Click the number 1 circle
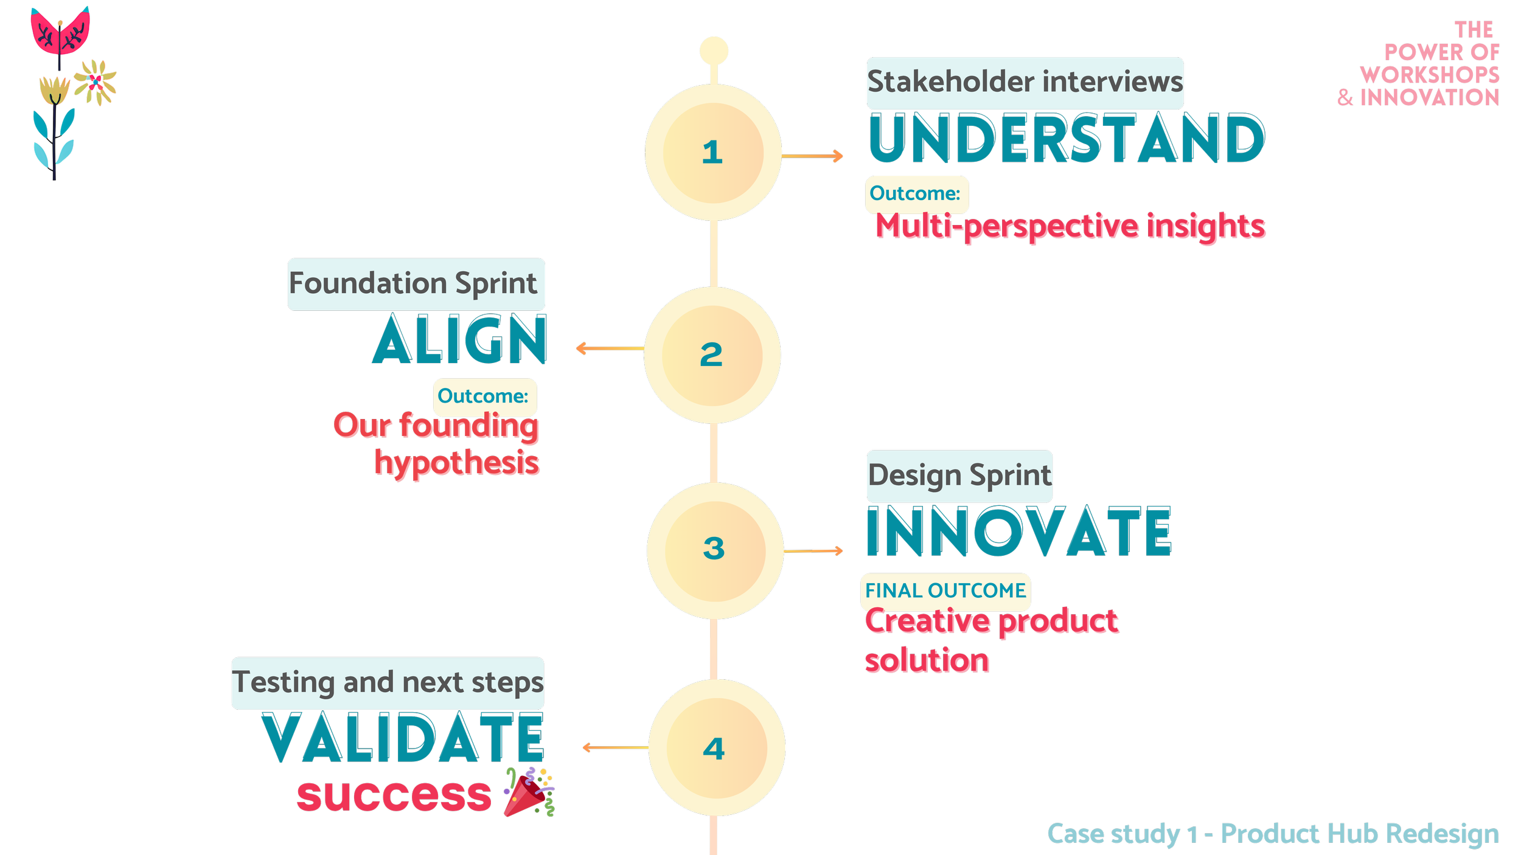pos(713,152)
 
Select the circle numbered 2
pos(712,355)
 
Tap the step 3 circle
pos(715,550)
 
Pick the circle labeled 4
pos(716,747)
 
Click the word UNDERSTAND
pos(1067,139)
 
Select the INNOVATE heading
pos(1018,532)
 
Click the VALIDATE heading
pos(403,738)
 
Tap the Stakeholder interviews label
pos(1025,82)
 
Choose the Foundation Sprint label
pos(416,284)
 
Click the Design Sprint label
pos(959,476)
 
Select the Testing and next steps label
pos(388,682)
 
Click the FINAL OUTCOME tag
pos(945,590)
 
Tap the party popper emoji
pos(529,792)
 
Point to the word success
pos(394,795)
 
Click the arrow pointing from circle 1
pos(812,156)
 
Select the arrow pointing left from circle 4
pos(614,747)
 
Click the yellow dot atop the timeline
pos(714,50)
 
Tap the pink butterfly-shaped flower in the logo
pos(60,32)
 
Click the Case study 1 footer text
pos(1272,834)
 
